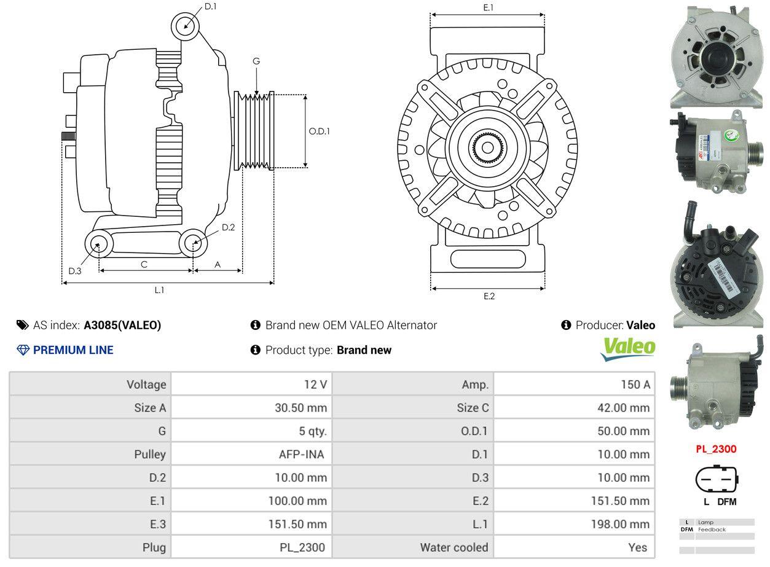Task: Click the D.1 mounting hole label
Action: tap(210, 7)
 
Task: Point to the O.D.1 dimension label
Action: tap(319, 131)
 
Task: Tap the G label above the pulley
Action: tap(256, 61)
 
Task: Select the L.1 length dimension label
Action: tap(159, 290)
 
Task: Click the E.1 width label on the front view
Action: tap(489, 7)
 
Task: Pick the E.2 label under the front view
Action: tap(489, 296)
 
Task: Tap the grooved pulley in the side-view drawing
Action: tap(254, 130)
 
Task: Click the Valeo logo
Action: tap(627, 348)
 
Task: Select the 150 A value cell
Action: tap(635, 385)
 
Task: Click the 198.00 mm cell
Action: tap(623, 524)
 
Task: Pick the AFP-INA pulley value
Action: tap(301, 455)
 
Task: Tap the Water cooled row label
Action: tap(454, 547)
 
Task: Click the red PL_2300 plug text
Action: tap(716, 449)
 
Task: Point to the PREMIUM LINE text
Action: tap(73, 350)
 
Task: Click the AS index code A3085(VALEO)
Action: tap(122, 326)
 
